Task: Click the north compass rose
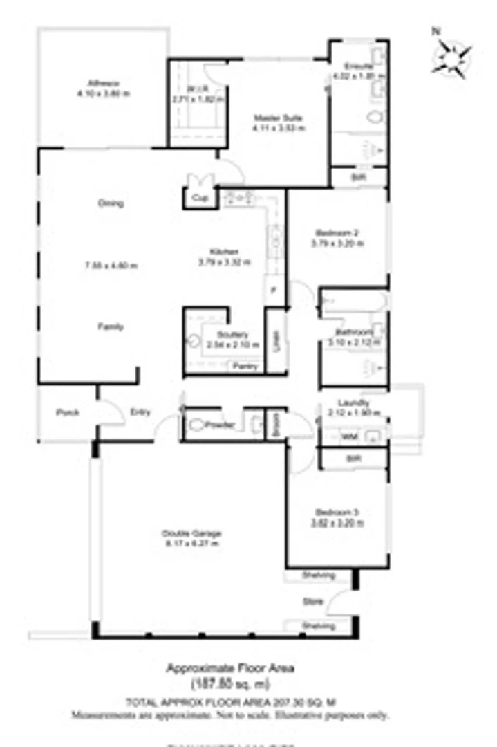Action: pyautogui.click(x=453, y=55)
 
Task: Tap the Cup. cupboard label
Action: pyautogui.click(x=200, y=199)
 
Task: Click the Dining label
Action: pyautogui.click(x=111, y=203)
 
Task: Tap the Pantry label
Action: pyautogui.click(x=245, y=366)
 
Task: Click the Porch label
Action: pyautogui.click(x=67, y=413)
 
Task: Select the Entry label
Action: pyautogui.click(x=140, y=412)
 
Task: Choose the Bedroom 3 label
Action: pyautogui.click(x=337, y=513)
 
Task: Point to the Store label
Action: pyautogui.click(x=313, y=602)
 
